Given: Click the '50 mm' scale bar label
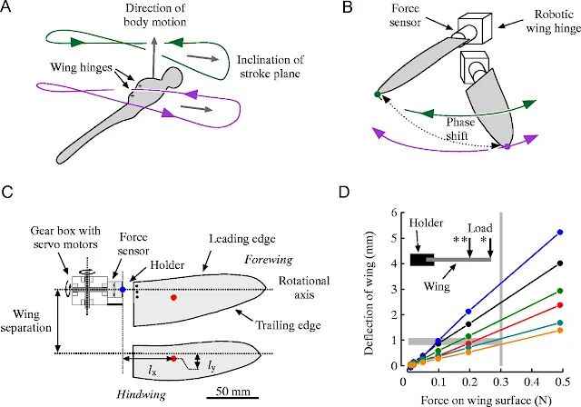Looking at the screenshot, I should (233, 392).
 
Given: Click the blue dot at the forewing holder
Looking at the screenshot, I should (122, 290).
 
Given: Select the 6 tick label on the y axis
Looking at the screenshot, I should (394, 212).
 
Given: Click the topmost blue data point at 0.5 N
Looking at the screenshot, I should (561, 233).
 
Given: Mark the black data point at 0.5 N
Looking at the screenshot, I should (561, 263).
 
